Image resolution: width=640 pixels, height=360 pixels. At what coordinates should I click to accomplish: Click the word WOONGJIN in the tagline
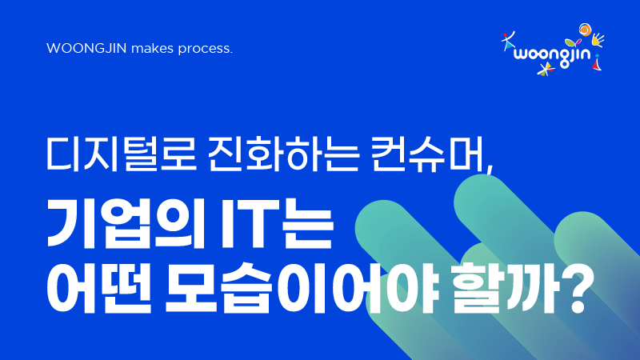pyautogui.click(x=87, y=49)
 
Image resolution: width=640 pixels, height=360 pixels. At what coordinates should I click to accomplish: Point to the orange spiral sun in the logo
pyautogui.click(x=585, y=30)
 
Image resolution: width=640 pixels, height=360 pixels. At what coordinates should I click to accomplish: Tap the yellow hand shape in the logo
pyautogui.click(x=598, y=39)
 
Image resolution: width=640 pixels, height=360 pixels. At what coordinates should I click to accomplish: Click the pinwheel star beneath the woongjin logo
pyautogui.click(x=546, y=70)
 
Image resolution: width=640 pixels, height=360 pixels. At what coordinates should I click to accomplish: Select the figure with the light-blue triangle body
pyautogui.click(x=508, y=42)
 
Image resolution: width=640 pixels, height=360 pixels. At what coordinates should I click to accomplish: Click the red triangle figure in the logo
pyautogui.click(x=597, y=62)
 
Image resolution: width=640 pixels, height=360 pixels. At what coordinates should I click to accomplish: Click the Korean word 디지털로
pyautogui.click(x=122, y=154)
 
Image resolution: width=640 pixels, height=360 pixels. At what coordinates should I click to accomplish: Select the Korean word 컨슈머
pyautogui.click(x=426, y=154)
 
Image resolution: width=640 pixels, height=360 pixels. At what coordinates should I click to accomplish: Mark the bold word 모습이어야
pyautogui.click(x=303, y=288)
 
